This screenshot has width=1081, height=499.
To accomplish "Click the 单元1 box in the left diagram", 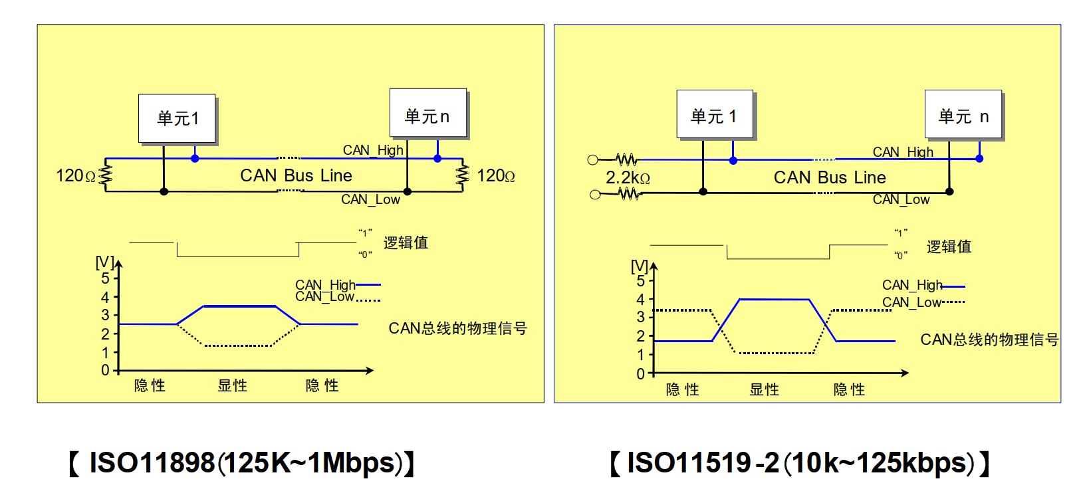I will [177, 118].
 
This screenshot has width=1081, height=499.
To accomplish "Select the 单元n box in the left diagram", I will [427, 114].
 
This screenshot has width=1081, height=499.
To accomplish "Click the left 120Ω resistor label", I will [75, 176].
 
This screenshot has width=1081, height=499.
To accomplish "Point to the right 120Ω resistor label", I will [496, 176].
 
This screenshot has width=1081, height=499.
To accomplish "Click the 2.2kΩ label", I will [628, 178].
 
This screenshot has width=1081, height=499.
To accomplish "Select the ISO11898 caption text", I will [242, 463].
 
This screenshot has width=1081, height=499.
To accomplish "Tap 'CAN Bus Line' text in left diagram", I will [296, 175].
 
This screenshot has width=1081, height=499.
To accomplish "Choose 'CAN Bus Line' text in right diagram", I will [830, 177].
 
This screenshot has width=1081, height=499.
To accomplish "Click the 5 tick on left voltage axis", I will [105, 278].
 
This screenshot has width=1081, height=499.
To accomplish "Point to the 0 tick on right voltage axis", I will [640, 374].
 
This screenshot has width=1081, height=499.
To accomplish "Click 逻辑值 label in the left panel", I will [406, 243].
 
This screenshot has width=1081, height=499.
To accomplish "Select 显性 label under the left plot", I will [233, 385].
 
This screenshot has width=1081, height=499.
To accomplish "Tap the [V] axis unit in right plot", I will [639, 266].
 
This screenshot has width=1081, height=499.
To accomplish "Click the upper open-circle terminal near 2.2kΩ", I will [593, 159].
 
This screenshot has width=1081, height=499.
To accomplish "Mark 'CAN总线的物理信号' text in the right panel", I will [989, 340].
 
